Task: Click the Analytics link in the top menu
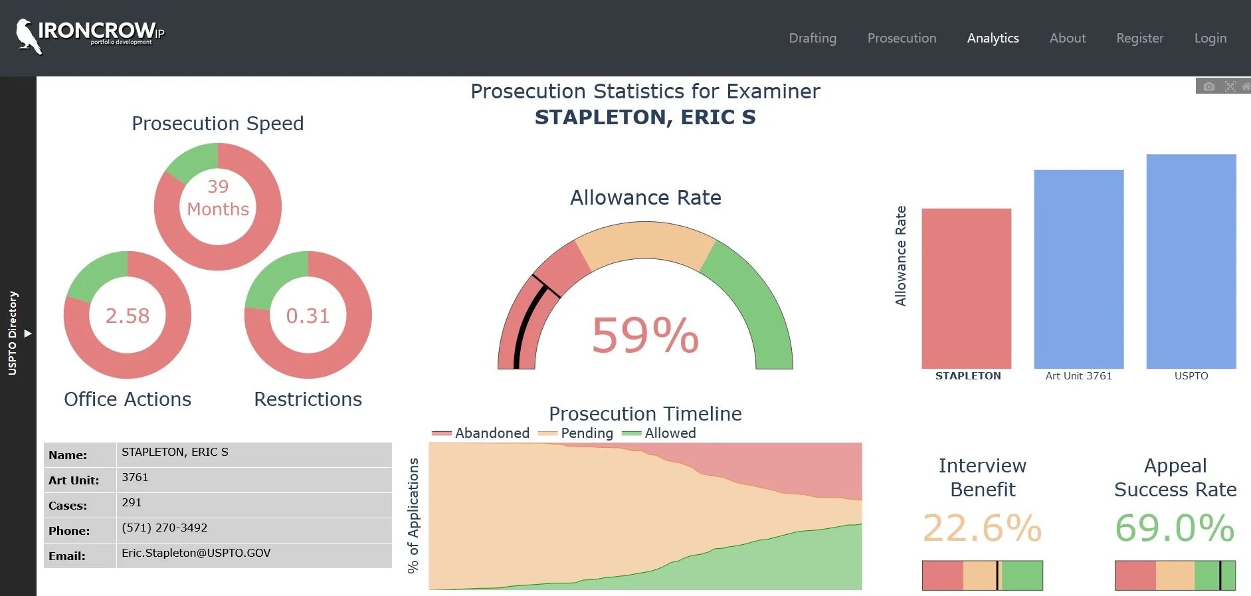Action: (x=993, y=39)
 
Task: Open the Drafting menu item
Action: (x=813, y=39)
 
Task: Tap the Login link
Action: (x=1210, y=39)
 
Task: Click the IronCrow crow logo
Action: (x=28, y=36)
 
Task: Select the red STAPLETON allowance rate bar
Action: (x=966, y=288)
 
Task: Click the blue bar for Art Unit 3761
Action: (x=1078, y=269)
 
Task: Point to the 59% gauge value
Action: (x=645, y=335)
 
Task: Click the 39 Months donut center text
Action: (x=218, y=198)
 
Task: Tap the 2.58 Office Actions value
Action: (x=128, y=316)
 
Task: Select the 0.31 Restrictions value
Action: (x=308, y=316)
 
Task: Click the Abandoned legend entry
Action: (x=481, y=433)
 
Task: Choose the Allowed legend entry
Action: (x=659, y=433)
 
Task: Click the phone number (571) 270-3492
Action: (x=165, y=528)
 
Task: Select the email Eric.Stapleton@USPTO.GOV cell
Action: (x=196, y=553)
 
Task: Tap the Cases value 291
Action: (x=132, y=502)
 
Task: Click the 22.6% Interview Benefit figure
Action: (x=982, y=528)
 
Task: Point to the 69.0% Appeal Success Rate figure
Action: (x=1175, y=528)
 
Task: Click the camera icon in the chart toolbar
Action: (x=1209, y=86)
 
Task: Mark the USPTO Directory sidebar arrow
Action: (x=28, y=334)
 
